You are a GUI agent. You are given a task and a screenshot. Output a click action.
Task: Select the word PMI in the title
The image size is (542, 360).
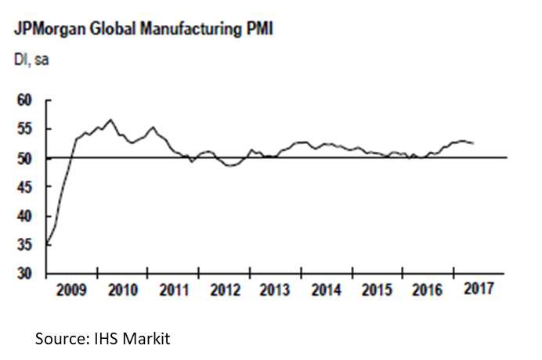258,30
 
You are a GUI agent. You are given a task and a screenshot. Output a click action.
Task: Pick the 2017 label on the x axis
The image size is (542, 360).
479,289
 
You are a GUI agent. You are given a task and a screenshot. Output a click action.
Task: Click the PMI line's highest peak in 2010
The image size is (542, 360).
111,120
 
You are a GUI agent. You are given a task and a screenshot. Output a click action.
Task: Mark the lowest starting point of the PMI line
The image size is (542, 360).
48,245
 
